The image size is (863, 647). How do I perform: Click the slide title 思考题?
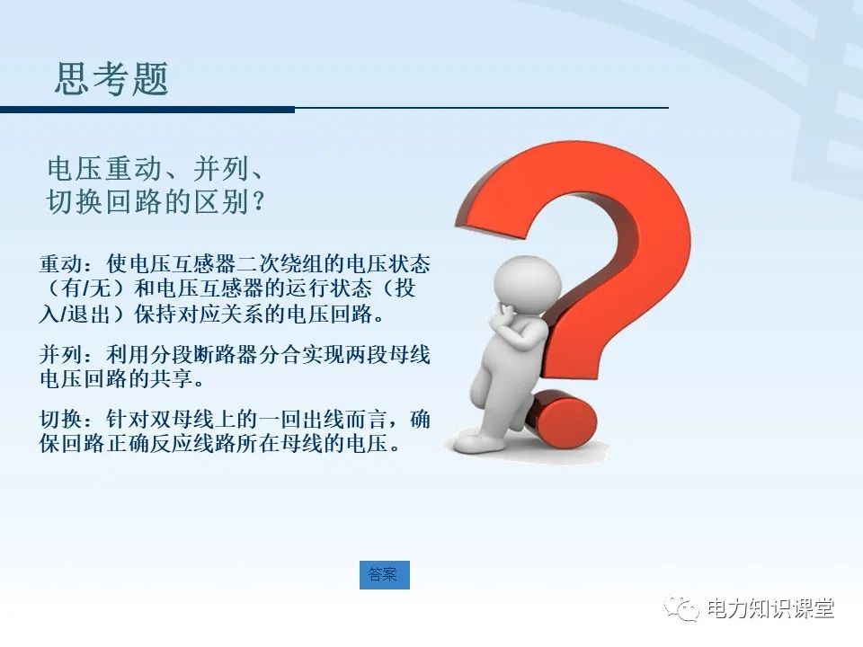(x=111, y=80)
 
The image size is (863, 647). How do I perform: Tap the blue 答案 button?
(x=384, y=575)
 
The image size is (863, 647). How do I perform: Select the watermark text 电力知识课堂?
(x=771, y=608)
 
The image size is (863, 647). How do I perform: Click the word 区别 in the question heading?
(x=219, y=202)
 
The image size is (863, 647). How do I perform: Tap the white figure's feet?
(x=485, y=441)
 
